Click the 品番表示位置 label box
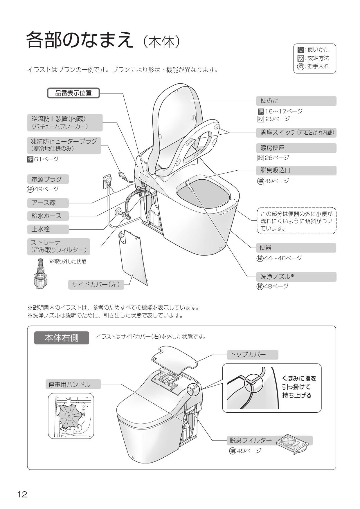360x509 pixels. (x=73, y=93)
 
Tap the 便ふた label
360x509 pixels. (x=296, y=101)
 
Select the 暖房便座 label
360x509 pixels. (x=296, y=148)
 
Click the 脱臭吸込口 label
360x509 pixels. (x=296, y=170)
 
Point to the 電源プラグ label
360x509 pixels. (x=48, y=179)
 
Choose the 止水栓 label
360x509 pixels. (x=48, y=229)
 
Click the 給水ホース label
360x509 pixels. (x=48, y=216)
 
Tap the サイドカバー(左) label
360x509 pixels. (x=96, y=285)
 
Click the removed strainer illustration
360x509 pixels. (x=40, y=273)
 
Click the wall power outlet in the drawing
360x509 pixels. (x=107, y=181)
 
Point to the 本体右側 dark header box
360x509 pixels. (x=62, y=338)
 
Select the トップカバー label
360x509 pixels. (x=252, y=355)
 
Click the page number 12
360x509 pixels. (x=22, y=494)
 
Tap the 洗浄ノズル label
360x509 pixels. (x=296, y=277)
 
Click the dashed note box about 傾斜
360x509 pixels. (x=296, y=221)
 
